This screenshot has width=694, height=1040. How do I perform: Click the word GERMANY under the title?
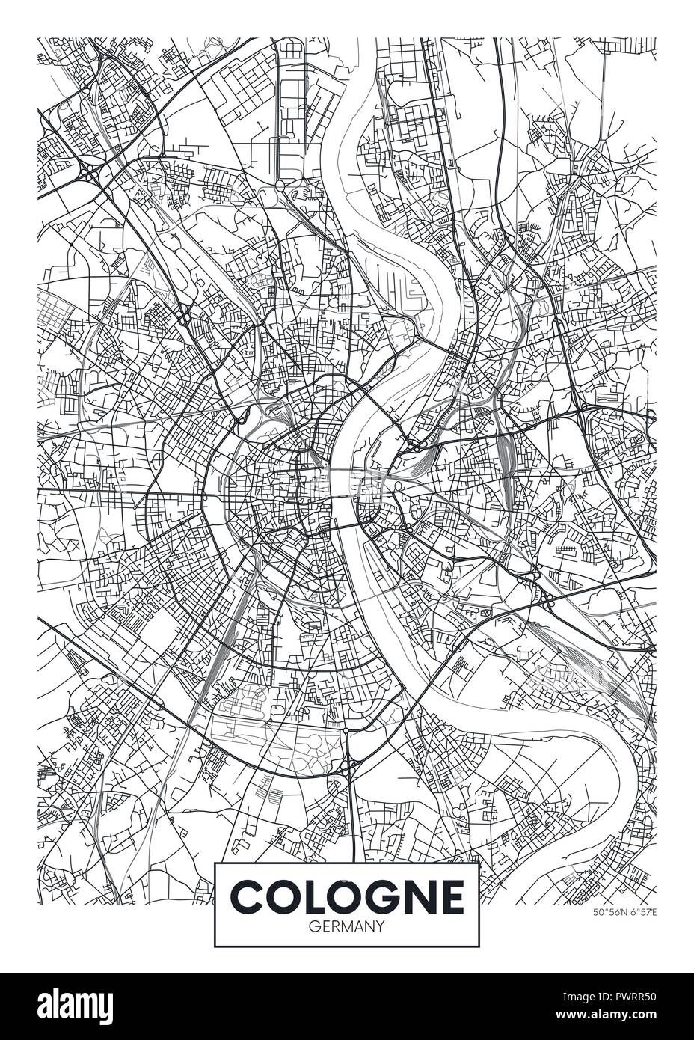[346, 926]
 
